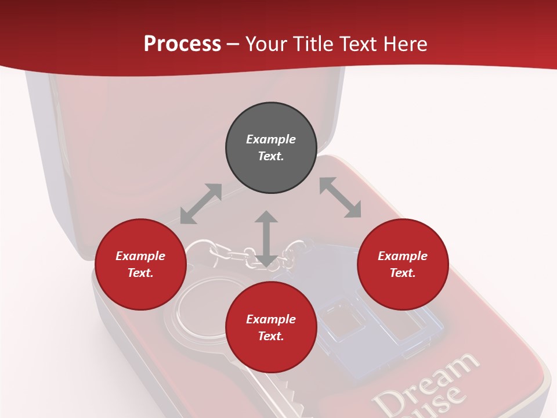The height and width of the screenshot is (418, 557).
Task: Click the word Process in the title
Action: [x=182, y=44]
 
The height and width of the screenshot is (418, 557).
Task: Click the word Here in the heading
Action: [x=405, y=44]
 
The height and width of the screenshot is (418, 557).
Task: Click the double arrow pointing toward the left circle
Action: [x=201, y=204]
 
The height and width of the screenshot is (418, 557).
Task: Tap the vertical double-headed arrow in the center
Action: [x=266, y=239]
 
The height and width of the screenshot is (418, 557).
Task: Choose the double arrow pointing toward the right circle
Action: [x=340, y=197]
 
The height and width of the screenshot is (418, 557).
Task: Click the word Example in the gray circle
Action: [x=271, y=139]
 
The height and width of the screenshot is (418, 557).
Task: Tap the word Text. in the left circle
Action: [x=140, y=273]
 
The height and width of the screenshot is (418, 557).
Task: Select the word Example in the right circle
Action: [x=403, y=256]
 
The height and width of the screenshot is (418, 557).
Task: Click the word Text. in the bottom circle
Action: [x=271, y=336]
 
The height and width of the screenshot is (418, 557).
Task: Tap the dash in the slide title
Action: [x=233, y=44]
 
